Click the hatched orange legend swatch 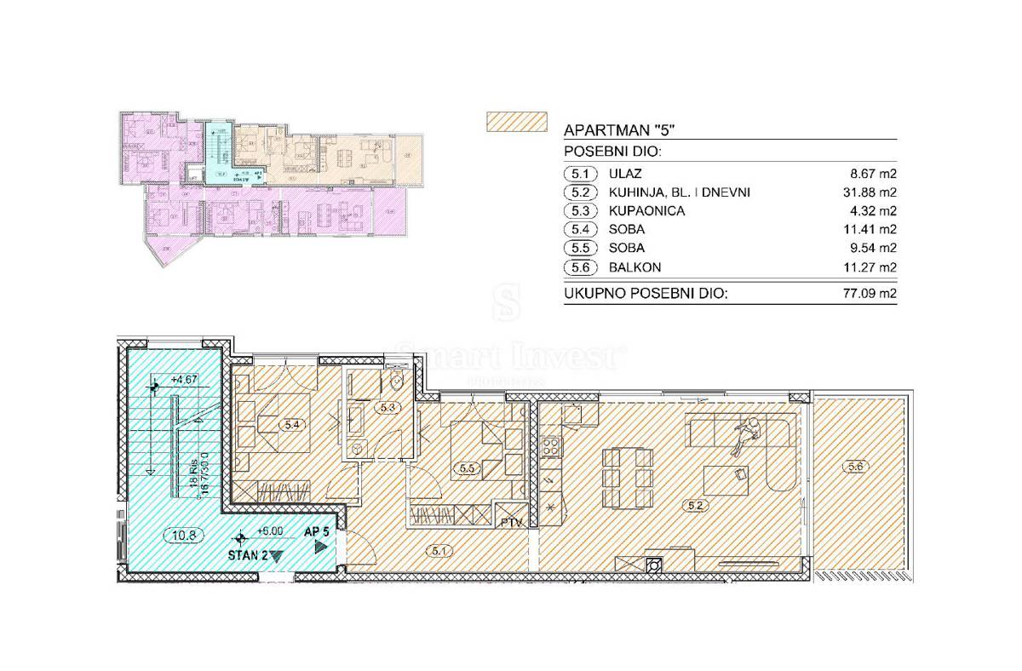[514, 122]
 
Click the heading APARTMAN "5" [620, 131]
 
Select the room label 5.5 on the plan [467, 467]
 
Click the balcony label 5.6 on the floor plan [856, 466]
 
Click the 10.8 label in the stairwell [180, 536]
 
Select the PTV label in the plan [512, 521]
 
